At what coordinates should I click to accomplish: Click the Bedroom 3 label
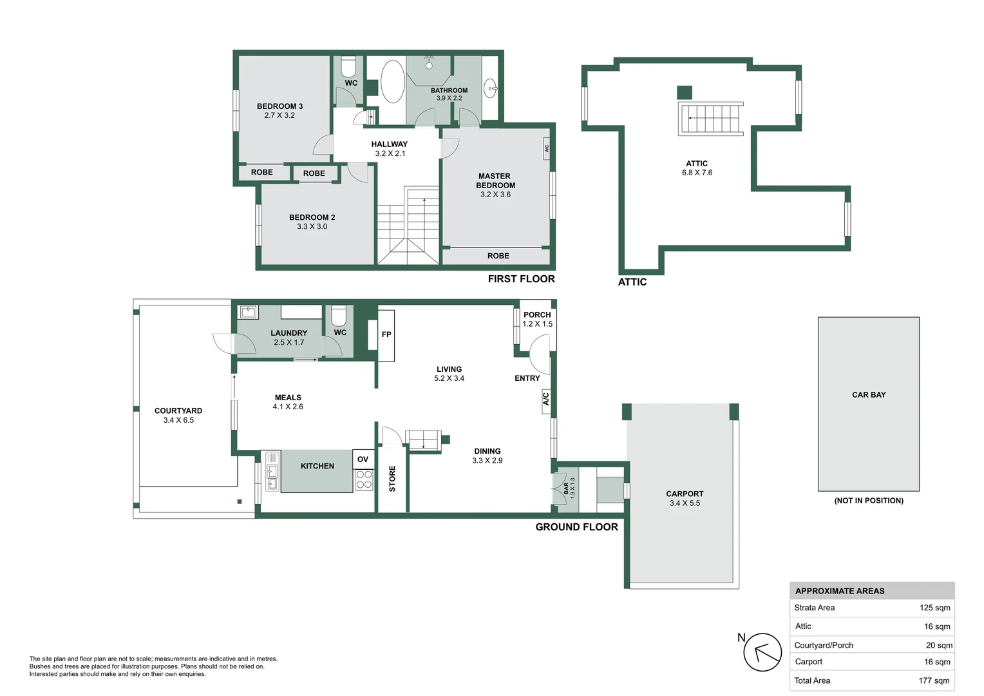pos(279,106)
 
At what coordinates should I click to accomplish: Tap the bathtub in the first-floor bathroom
pos(392,82)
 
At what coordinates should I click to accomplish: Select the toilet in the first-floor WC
pos(348,66)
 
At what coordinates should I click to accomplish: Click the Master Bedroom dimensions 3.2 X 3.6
pos(495,195)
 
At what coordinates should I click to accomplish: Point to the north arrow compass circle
pos(762,652)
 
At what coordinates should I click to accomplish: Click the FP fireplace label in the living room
pos(386,334)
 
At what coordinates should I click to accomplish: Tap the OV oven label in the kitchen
pos(363,459)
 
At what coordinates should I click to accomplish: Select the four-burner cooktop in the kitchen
pos(364,479)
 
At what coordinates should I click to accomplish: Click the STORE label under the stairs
pos(392,479)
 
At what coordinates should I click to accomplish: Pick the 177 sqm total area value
pos(934,681)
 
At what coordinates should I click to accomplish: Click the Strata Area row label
pos(814,608)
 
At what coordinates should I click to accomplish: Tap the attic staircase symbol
pos(711,119)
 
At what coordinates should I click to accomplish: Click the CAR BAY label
pos(869,395)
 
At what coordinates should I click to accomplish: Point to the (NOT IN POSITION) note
pos(869,501)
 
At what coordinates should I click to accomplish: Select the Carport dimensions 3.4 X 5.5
pos(685,503)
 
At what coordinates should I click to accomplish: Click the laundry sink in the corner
pos(249,313)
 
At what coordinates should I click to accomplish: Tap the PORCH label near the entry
pos(537,315)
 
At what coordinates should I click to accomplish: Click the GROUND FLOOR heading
pos(576,527)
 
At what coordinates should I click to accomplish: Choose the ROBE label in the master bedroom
pos(498,256)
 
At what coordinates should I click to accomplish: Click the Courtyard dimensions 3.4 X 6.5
pos(178,420)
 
